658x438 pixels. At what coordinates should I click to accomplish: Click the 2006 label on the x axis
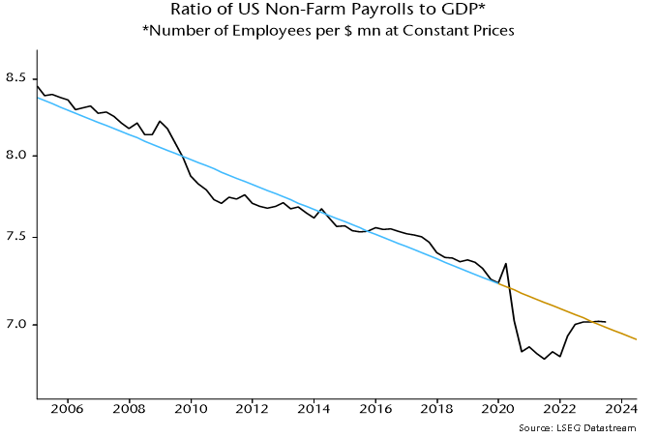[68, 408]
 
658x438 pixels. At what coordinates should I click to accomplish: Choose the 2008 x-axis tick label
[130, 408]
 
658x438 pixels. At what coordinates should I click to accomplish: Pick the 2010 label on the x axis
[191, 408]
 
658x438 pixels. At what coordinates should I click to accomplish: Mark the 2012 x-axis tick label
[253, 408]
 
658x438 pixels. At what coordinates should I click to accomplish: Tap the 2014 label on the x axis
[314, 408]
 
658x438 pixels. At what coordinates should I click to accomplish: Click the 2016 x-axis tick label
[375, 408]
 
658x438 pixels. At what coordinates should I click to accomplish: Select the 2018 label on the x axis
[437, 408]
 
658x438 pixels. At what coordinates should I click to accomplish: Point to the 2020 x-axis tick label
[498, 408]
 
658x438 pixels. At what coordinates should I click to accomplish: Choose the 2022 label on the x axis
[560, 408]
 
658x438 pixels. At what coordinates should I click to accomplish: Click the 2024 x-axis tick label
[621, 408]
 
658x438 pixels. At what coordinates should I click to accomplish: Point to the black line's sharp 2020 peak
[505, 264]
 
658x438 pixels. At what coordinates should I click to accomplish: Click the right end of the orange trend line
[636, 339]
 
